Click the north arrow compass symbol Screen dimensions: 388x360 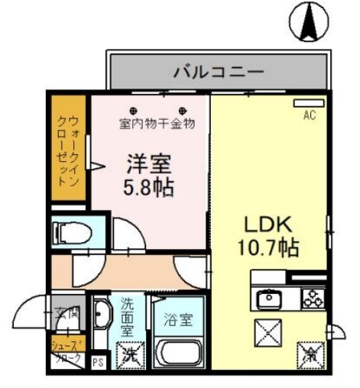pyautogui.click(x=312, y=22)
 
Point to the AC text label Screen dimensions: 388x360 pyautogui.click(x=309, y=115)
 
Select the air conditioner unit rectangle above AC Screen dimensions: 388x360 pyautogui.click(x=308, y=104)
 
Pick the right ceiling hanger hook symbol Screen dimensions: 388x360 pyautogui.click(x=183, y=108)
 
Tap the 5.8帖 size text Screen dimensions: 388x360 pyautogui.click(x=149, y=187)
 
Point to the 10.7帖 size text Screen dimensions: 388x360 pyautogui.click(x=266, y=247)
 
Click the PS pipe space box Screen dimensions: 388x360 pyautogui.click(x=97, y=361)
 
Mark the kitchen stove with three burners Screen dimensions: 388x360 pyautogui.click(x=312, y=299)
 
